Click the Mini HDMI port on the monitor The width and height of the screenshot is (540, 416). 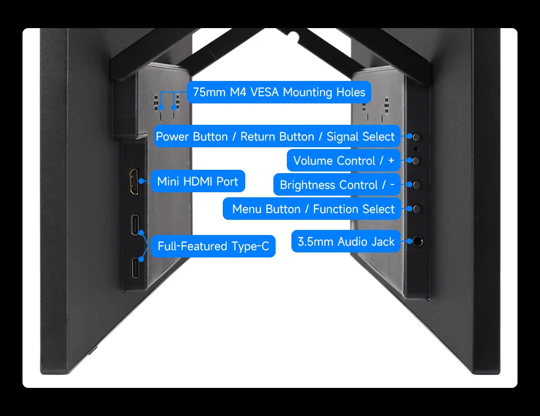(x=134, y=182)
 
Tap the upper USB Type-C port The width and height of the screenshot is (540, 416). (x=136, y=225)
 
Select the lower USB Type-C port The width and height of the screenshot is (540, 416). (x=136, y=268)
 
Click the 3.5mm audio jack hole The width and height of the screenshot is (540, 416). (x=418, y=241)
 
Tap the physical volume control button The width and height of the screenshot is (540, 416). (x=416, y=161)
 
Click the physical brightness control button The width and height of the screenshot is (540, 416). (x=417, y=185)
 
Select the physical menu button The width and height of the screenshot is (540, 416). (x=417, y=209)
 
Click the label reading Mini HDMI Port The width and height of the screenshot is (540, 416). (x=197, y=182)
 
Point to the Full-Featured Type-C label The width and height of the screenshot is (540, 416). (x=213, y=246)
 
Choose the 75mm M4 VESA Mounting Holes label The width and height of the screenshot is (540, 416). (x=279, y=92)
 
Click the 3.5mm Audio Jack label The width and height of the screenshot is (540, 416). (x=346, y=242)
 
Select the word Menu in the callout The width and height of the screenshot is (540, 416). (x=247, y=209)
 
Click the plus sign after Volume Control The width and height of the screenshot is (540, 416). (x=391, y=161)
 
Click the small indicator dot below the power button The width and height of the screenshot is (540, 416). (x=416, y=148)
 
